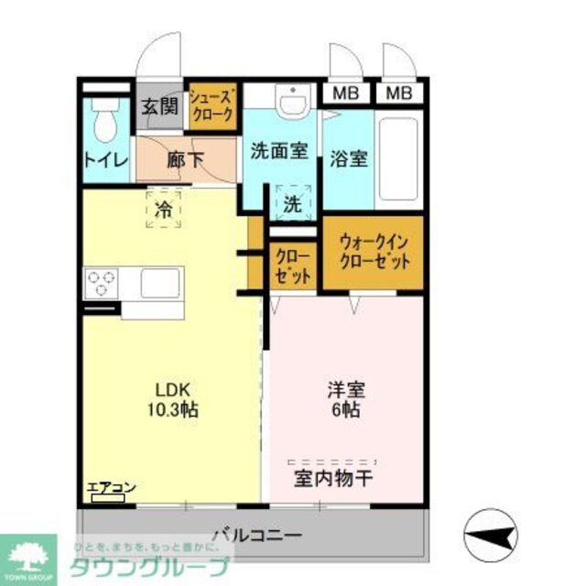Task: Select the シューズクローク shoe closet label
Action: tap(212, 106)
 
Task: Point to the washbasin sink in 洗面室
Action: tap(292, 103)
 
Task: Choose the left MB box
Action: tap(344, 92)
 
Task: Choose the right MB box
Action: tap(398, 92)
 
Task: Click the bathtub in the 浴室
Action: tap(399, 159)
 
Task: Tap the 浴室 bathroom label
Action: tap(348, 157)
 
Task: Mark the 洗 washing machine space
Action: tap(292, 204)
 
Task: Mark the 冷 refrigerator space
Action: tap(163, 210)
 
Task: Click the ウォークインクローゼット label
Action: tap(374, 251)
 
